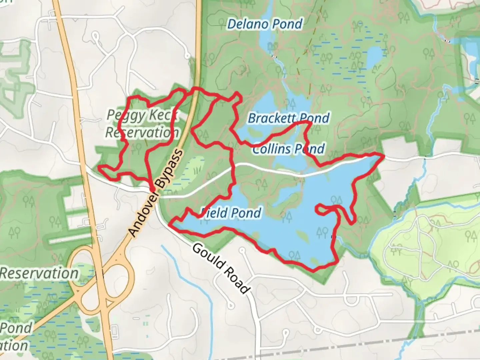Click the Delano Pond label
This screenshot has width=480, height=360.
[x=265, y=24]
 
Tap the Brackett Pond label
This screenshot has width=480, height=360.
[x=289, y=118]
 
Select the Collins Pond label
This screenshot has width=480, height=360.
[x=288, y=149]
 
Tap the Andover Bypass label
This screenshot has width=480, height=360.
[x=156, y=193]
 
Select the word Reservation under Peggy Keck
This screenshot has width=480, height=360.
[x=142, y=133]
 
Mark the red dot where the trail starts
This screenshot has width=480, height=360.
[x=152, y=189]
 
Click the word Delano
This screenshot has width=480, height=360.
[x=247, y=24]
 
